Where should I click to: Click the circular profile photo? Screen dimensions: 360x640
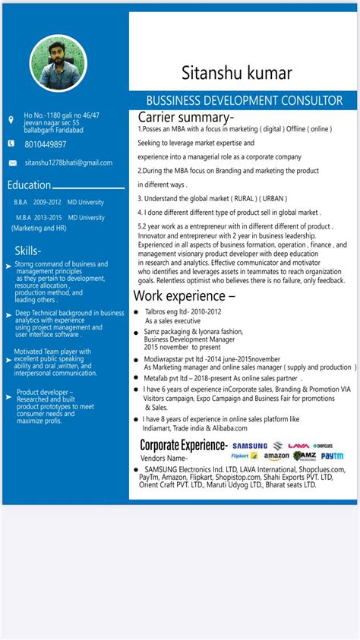[x=58, y=65]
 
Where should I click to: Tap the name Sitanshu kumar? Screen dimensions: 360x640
[x=236, y=73]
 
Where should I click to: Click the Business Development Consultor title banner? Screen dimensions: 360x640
[x=244, y=100]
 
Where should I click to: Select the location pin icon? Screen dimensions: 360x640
[x=11, y=120]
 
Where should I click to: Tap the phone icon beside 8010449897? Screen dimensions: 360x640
[x=11, y=143]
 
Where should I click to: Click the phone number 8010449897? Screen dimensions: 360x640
[x=46, y=144]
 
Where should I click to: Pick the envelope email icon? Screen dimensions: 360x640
[x=12, y=162]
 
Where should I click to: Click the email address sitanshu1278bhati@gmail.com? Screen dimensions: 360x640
[x=68, y=162]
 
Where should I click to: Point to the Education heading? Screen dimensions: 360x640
[x=29, y=185]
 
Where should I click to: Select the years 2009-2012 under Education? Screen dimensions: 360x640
[x=47, y=203]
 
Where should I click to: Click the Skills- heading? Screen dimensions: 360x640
[x=28, y=251]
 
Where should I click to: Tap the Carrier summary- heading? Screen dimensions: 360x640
[x=185, y=118]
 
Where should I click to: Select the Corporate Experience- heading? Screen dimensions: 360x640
[x=183, y=444]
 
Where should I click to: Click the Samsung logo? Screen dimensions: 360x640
[x=250, y=446]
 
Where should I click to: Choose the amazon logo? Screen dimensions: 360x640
[x=276, y=456]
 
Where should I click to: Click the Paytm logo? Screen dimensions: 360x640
[x=332, y=456]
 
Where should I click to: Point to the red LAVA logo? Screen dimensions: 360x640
[x=298, y=446]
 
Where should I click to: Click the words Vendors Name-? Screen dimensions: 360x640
[x=165, y=459]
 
